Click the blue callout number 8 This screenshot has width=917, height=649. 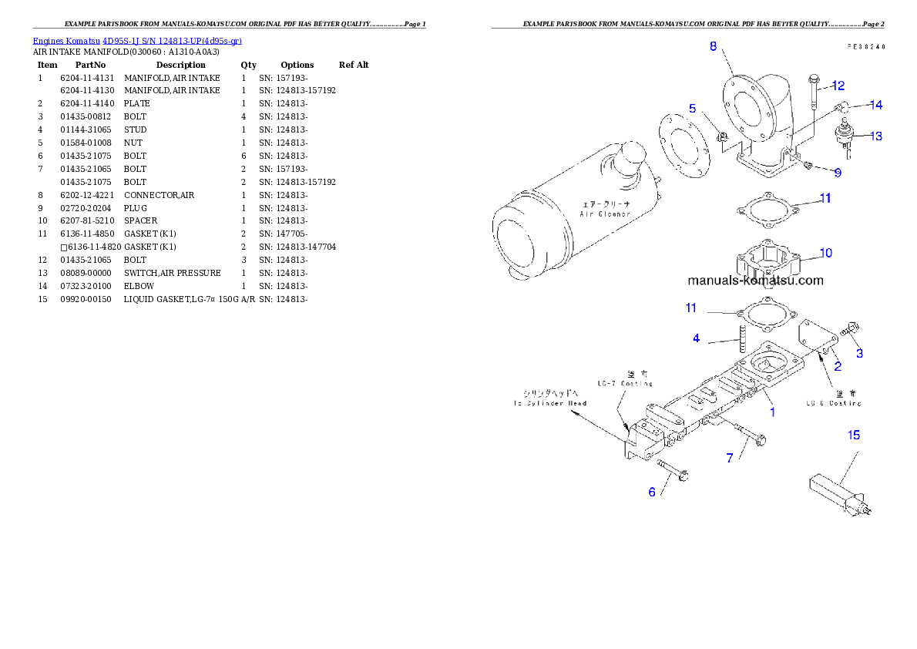point(714,46)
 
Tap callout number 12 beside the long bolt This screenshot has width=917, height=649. point(838,86)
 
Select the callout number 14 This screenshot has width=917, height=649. point(876,105)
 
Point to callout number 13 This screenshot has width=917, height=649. point(876,136)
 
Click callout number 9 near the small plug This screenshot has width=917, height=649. point(838,173)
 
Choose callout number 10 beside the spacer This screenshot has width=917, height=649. point(825,253)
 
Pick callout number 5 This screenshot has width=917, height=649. point(693,109)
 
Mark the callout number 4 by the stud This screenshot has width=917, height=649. point(696,338)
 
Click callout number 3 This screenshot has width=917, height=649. point(860,354)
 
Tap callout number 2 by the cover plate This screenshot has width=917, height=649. point(838,366)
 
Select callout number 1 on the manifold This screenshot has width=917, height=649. point(772,412)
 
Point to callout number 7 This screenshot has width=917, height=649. point(730,458)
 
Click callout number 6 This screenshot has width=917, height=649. point(652,492)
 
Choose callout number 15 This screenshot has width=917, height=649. point(854,435)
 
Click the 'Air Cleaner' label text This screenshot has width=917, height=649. point(605,214)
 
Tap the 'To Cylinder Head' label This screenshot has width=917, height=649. point(550,403)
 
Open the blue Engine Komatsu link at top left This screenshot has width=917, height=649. point(137,40)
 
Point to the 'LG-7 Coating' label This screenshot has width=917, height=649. point(625,383)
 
